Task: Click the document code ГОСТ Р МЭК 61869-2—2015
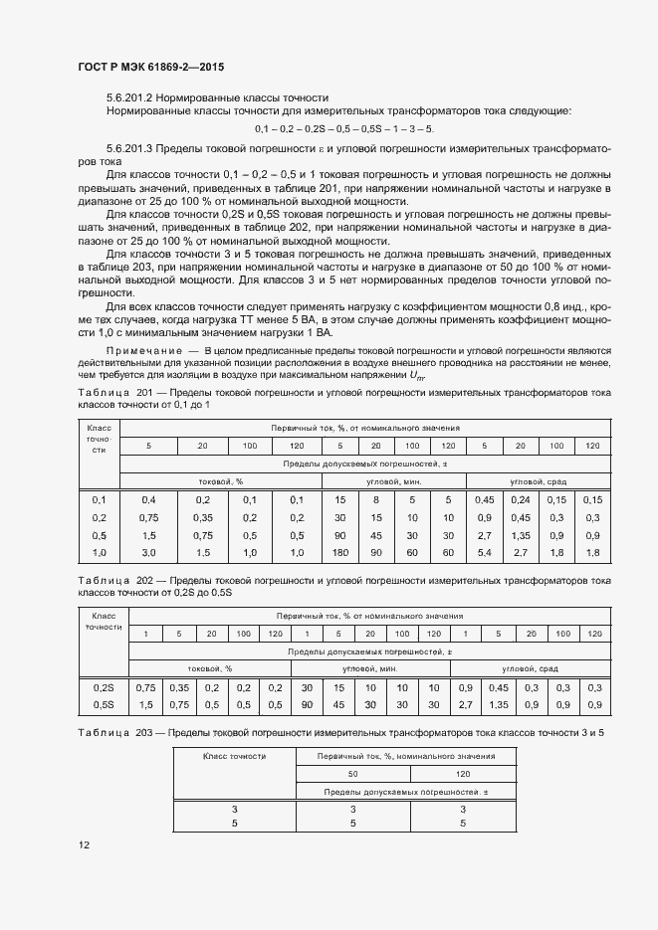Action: (149, 68)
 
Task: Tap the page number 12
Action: (84, 844)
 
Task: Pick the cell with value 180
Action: (340, 552)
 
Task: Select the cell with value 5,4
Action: (485, 552)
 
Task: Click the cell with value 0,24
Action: (521, 499)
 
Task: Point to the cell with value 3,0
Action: (148, 552)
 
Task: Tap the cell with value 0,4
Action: (148, 499)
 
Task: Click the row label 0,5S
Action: (103, 704)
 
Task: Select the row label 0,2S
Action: (103, 687)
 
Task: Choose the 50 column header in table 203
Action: (352, 773)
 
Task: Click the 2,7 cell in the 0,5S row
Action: (465, 704)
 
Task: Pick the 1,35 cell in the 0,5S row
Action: (498, 704)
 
